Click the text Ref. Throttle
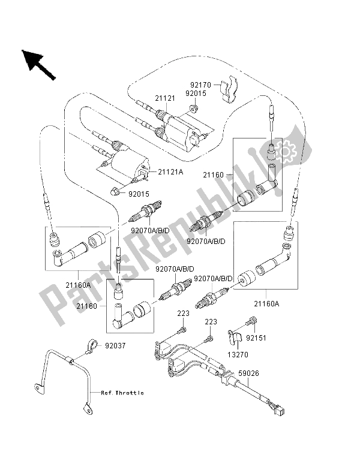tap(122, 393)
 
